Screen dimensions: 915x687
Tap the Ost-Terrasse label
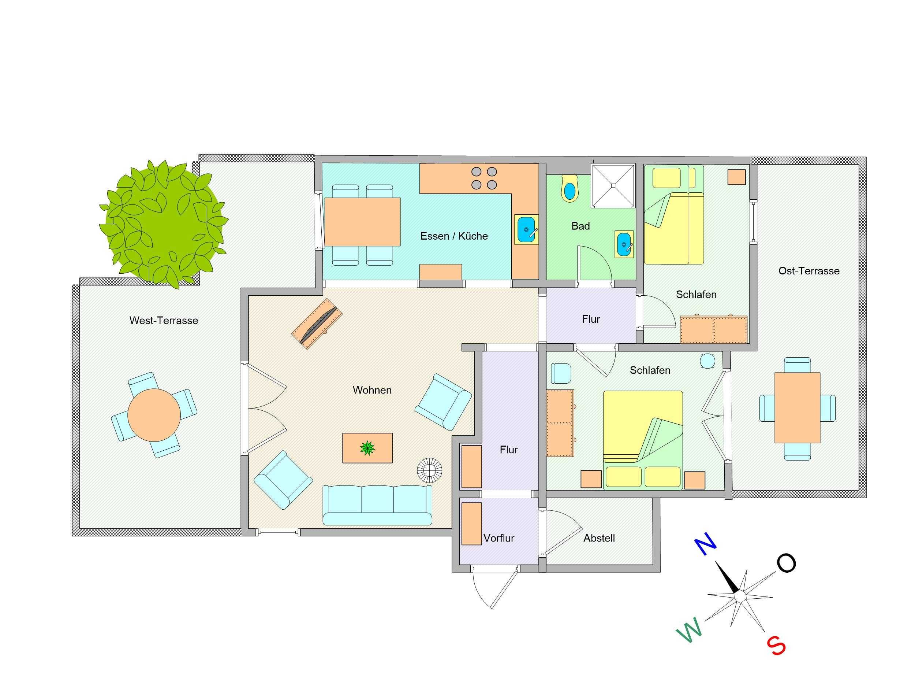809,271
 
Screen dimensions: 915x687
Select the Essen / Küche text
454,236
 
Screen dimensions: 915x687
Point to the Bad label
580,226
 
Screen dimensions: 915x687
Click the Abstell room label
599,538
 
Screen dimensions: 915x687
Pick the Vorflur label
499,538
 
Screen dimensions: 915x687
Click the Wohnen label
372,390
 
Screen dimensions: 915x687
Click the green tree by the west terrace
163,224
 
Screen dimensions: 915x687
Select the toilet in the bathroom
569,189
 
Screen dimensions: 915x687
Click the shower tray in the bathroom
613,185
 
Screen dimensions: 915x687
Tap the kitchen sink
526,229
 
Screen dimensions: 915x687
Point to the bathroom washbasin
624,244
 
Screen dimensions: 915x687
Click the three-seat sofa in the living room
377,505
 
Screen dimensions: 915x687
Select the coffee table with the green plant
367,448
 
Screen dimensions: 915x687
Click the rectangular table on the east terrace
797,408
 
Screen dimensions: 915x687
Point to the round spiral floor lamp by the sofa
429,470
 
